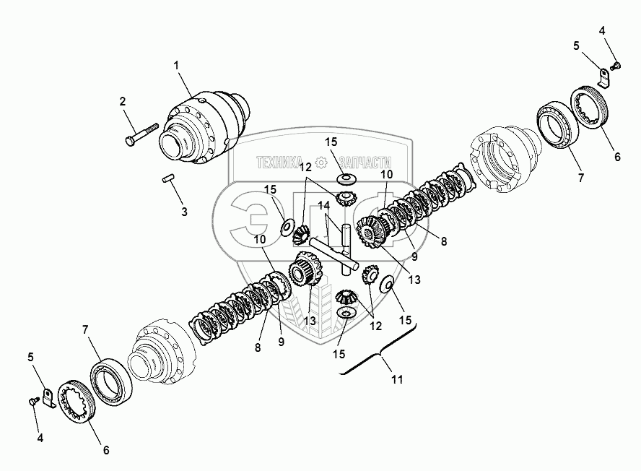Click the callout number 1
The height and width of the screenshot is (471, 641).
(175, 66)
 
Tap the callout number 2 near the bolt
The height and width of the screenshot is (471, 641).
(123, 101)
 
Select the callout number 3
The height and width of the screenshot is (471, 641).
(184, 212)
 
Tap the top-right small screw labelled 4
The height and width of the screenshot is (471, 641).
(615, 66)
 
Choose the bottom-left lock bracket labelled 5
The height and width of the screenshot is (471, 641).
(48, 397)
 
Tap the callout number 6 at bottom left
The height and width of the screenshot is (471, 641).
(105, 450)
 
